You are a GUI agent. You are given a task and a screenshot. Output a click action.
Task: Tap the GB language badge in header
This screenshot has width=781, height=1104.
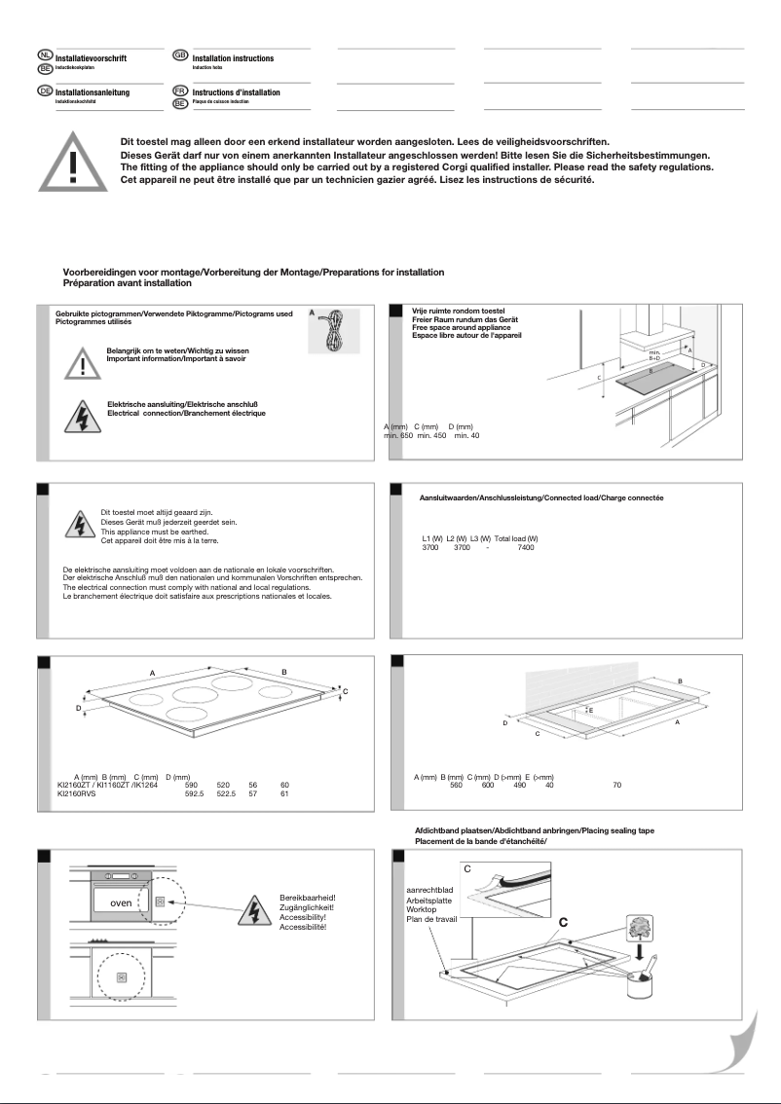(180, 55)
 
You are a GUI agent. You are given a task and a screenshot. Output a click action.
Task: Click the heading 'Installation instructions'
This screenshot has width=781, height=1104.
(233, 58)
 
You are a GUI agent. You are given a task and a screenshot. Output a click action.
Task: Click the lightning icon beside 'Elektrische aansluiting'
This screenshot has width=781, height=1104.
(76, 415)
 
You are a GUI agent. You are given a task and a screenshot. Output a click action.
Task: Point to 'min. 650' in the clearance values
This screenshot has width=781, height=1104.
(398, 435)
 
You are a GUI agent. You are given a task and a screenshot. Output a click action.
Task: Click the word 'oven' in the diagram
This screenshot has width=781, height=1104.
(120, 902)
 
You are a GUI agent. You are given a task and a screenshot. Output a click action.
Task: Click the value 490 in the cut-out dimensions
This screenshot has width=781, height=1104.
(519, 785)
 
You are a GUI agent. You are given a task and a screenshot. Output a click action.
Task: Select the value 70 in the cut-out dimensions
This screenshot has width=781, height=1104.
(616, 785)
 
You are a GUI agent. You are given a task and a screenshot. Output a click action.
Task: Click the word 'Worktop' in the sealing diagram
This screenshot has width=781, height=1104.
(421, 908)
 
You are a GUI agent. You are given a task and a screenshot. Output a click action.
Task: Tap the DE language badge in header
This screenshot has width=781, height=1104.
(44, 90)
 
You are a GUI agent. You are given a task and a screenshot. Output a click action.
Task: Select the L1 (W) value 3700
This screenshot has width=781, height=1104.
(430, 548)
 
